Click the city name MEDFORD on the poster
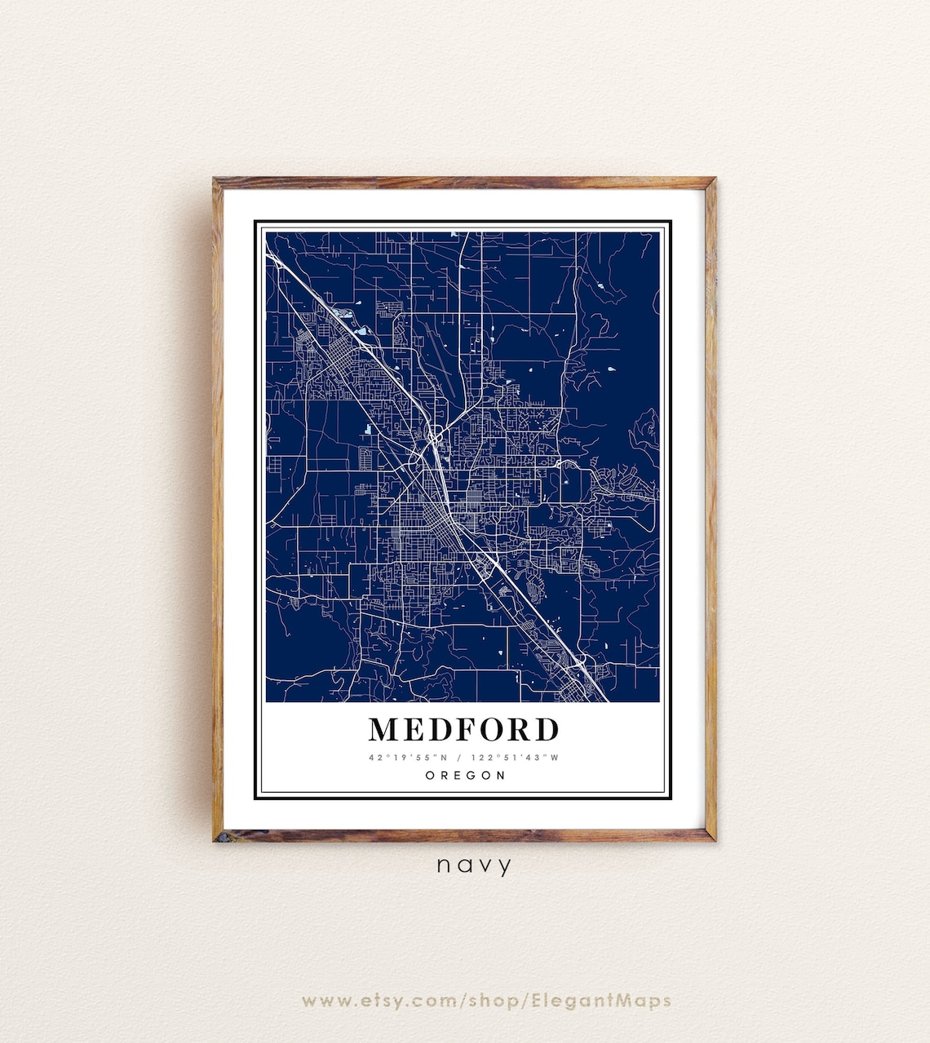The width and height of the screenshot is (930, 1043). (463, 729)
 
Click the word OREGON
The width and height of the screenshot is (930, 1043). (465, 776)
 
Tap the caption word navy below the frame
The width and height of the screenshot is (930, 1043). (474, 865)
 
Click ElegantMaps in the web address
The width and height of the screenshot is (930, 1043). (602, 1000)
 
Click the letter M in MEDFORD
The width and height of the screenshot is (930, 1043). (386, 729)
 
